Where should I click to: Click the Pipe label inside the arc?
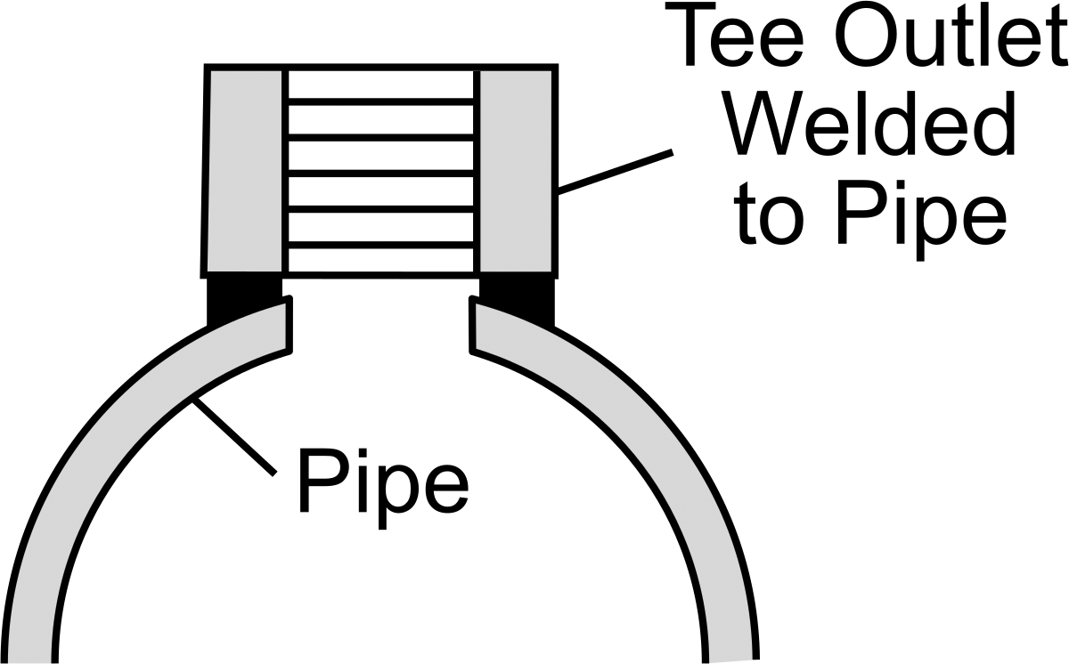coord(383,488)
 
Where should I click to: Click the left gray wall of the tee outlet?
coord(244,171)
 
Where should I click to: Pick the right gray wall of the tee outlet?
coord(518,171)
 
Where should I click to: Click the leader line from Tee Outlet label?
coord(616,172)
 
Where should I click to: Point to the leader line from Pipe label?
coord(233,438)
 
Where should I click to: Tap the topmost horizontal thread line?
coord(381,102)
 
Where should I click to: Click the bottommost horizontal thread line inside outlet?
coord(381,245)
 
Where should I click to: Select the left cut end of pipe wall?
coord(288,325)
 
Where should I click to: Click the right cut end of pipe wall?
coord(473,325)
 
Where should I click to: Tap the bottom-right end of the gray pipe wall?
coord(730,660)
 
